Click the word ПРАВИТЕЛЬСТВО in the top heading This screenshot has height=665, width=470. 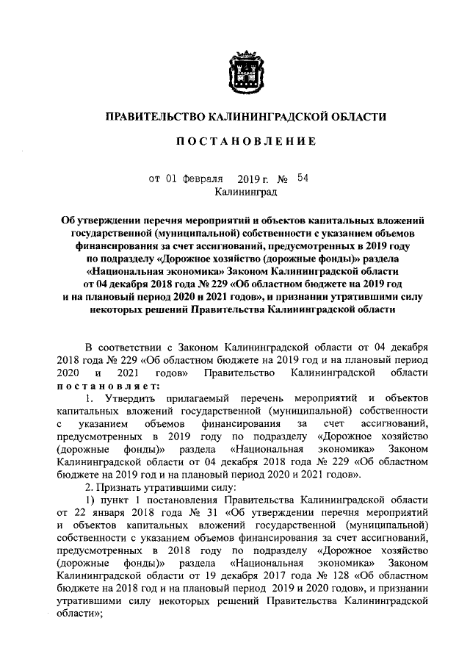click(x=154, y=116)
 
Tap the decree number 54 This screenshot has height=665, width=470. click(x=303, y=177)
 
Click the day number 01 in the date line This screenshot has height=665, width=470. click(x=170, y=178)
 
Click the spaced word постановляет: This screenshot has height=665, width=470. click(x=106, y=387)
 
